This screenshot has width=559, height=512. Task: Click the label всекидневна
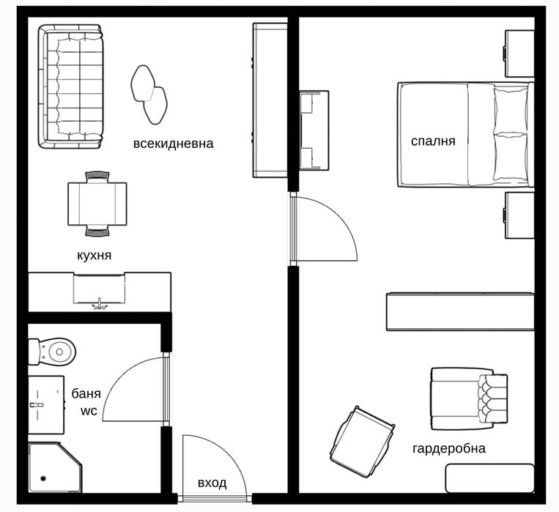click(x=173, y=144)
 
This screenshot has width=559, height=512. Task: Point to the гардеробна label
click(x=449, y=448)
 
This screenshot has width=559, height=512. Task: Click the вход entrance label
click(x=212, y=483)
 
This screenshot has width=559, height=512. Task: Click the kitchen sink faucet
click(x=99, y=303)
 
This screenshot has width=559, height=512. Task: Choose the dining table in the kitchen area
click(x=97, y=204)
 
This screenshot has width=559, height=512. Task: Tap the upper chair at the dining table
click(x=97, y=176)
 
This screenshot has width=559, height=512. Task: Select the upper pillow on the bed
click(x=511, y=108)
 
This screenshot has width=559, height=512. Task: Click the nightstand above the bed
click(x=519, y=52)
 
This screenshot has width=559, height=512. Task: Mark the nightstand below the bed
click(x=519, y=215)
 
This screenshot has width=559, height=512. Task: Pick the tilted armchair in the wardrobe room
click(x=361, y=441)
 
